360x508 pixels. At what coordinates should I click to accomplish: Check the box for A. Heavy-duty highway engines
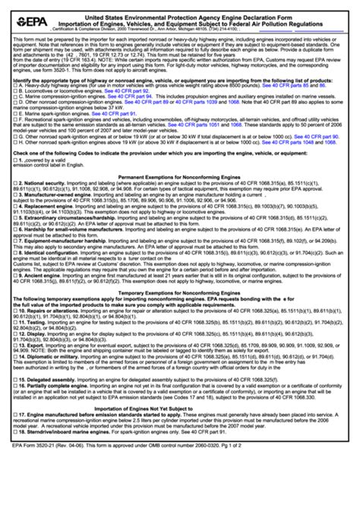15,108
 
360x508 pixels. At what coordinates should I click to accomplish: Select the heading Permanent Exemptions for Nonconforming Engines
180,197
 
